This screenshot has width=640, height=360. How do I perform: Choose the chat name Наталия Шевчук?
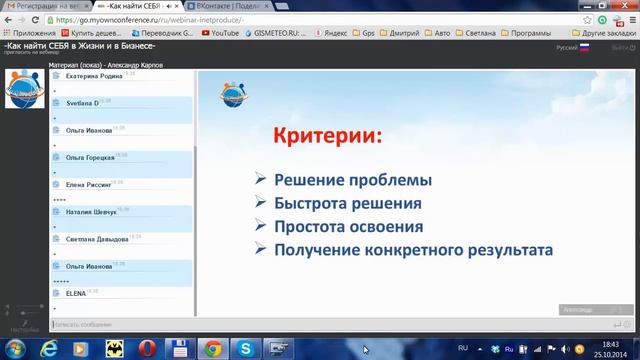click(92, 212)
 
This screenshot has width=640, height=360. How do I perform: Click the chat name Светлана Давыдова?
click(97, 239)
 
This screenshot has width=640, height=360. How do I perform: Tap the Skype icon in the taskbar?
click(245, 347)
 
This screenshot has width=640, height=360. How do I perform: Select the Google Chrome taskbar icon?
click(212, 347)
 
